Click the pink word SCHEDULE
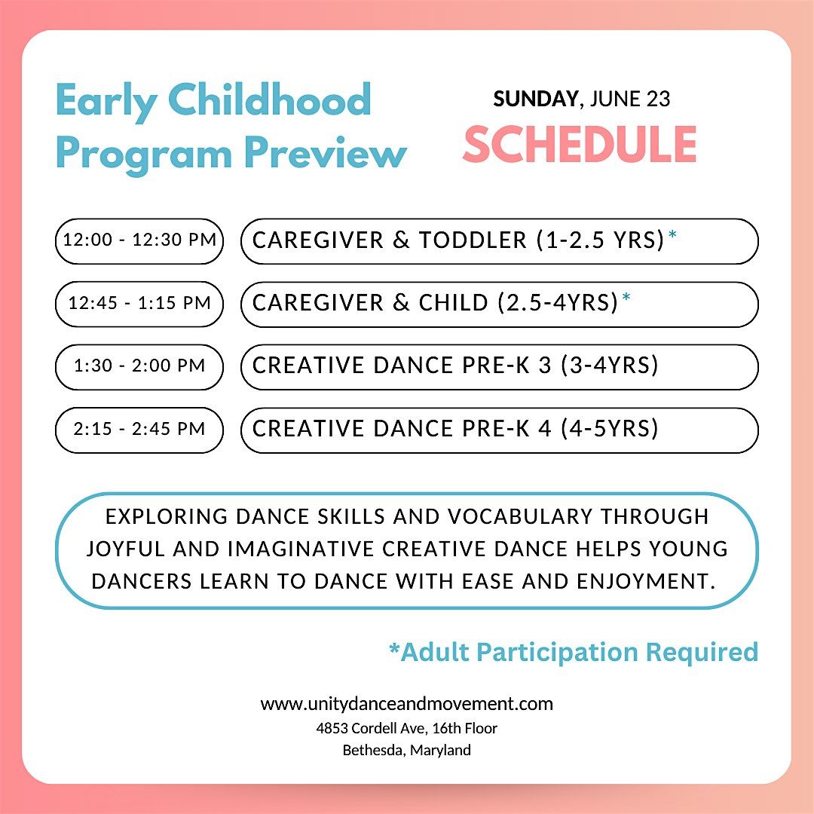coord(579,145)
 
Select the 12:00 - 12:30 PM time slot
coord(140,240)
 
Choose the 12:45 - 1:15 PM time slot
coord(140,303)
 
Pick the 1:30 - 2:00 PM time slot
coord(140,366)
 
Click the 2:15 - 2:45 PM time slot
coord(140,429)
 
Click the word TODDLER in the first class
coord(473,240)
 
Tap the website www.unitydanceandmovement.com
coord(407,704)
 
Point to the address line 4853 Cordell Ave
coord(407,728)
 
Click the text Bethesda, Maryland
coord(407,750)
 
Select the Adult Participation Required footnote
coord(573,651)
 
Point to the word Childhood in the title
coord(268,100)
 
